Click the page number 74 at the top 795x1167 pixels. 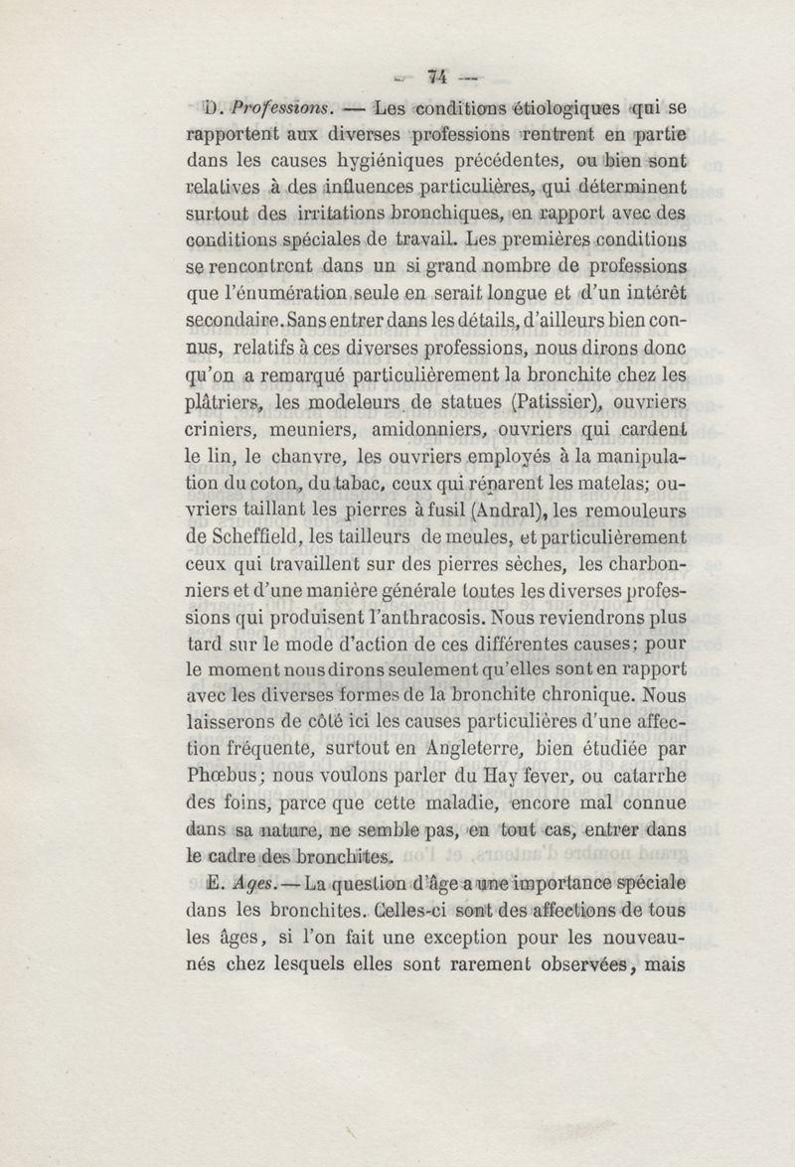(437, 77)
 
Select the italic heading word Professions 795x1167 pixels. (269, 107)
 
